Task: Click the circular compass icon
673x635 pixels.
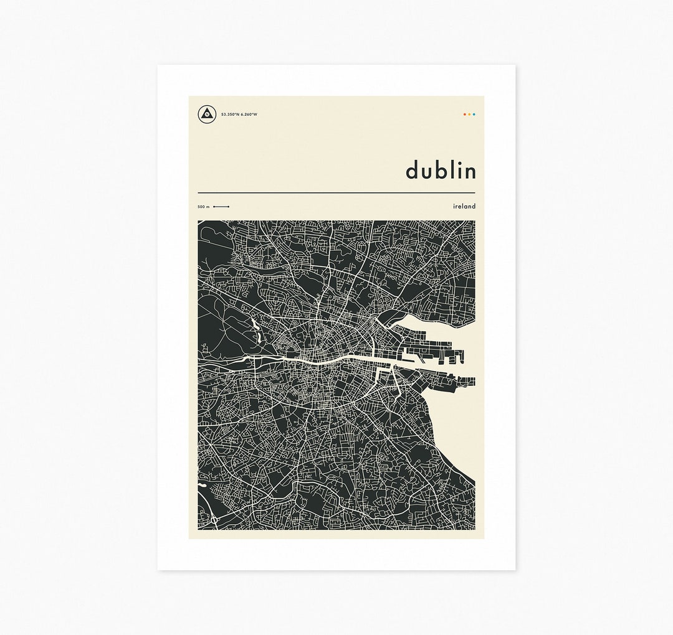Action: pos(207,115)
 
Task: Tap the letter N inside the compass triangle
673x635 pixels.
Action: pos(207,115)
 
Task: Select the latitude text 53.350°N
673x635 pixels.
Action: pos(230,115)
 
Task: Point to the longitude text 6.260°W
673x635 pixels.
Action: pos(249,115)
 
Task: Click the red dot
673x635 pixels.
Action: pos(464,115)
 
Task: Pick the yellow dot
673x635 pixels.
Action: pos(469,115)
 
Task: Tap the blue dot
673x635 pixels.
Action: pos(474,115)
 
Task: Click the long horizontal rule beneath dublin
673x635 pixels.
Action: pos(336,193)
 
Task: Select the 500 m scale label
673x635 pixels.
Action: pos(204,207)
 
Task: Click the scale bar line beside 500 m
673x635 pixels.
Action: pos(221,206)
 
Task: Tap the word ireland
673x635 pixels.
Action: pos(464,206)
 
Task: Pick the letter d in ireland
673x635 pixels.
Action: pos(474,206)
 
